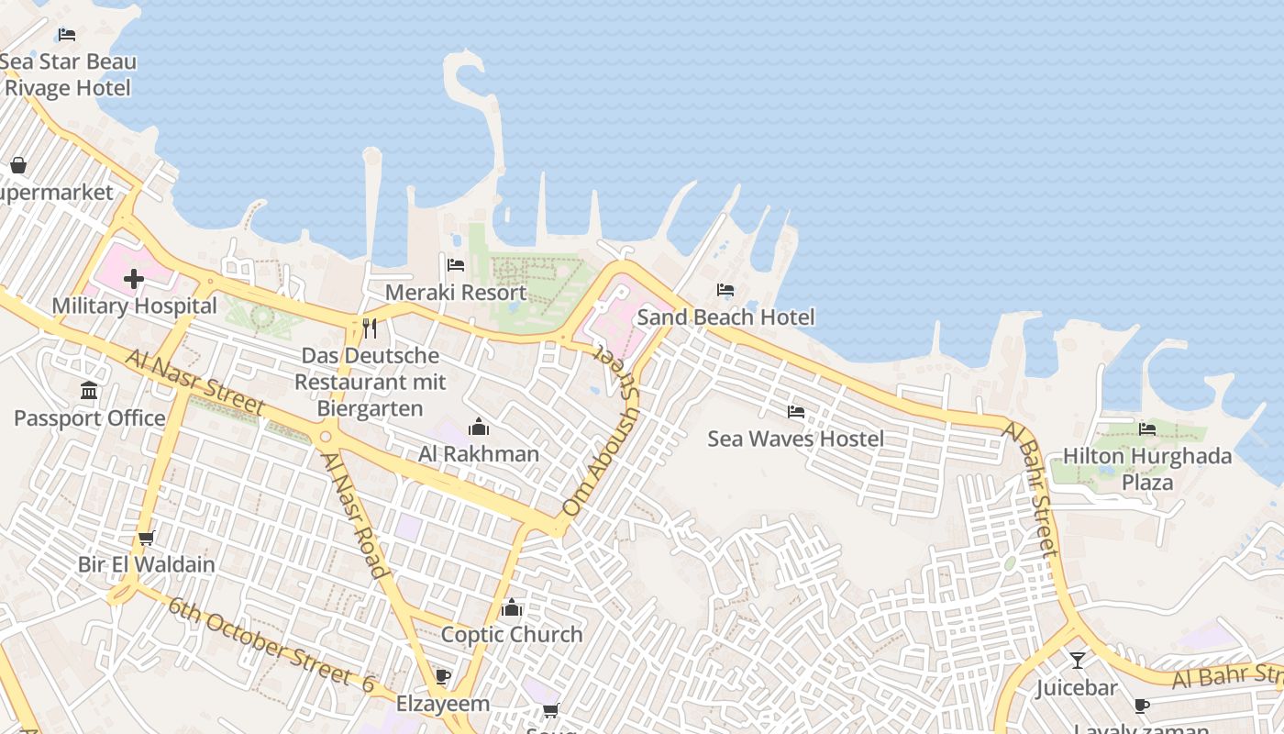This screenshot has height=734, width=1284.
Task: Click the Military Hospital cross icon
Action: tap(134, 278)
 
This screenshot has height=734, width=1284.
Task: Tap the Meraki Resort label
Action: tap(456, 293)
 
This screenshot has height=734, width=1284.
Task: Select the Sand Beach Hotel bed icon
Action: tap(725, 290)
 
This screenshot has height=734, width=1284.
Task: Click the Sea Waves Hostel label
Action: tap(795, 439)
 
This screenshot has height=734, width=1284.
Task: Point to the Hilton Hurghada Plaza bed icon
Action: tap(1146, 428)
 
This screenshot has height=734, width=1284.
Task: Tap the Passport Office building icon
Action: tap(89, 391)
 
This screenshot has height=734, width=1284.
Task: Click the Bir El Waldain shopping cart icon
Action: tap(146, 538)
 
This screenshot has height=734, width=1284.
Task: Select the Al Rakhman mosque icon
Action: tap(479, 427)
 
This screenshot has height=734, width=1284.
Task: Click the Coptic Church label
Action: tap(512, 634)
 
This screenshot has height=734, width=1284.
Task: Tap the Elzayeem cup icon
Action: tap(443, 677)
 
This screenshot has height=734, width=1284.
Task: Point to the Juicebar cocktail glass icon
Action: tap(1077, 660)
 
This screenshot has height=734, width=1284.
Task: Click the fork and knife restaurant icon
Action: tap(370, 328)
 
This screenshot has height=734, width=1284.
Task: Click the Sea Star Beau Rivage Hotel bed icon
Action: tap(67, 35)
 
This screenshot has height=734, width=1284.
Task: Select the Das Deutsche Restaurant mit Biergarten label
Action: tap(371, 382)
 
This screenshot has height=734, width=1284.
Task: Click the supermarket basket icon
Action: tap(17, 165)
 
